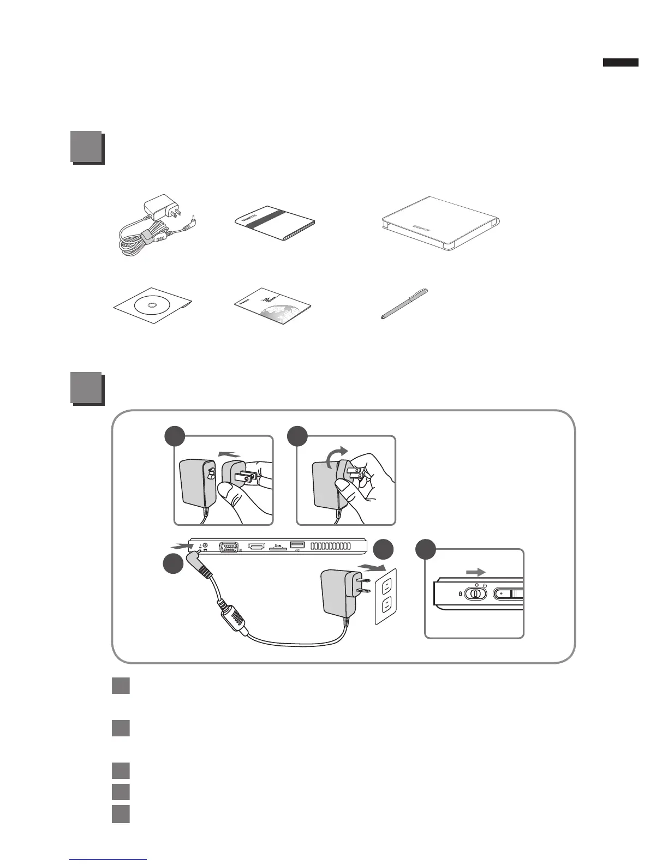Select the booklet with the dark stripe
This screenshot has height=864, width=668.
point(274,224)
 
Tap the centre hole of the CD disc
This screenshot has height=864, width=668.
point(152,305)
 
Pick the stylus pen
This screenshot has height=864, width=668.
point(404,304)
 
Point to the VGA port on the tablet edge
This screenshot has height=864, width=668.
point(228,548)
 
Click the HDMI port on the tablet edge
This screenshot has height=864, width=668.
point(257,547)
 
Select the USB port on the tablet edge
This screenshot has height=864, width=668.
point(297,545)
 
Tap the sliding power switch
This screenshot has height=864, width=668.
point(475,593)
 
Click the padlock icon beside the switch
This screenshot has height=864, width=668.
point(460,593)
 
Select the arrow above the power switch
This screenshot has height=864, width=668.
point(475,572)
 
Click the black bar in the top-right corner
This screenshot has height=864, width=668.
point(621,63)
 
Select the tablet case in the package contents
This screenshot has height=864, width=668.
point(440,224)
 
